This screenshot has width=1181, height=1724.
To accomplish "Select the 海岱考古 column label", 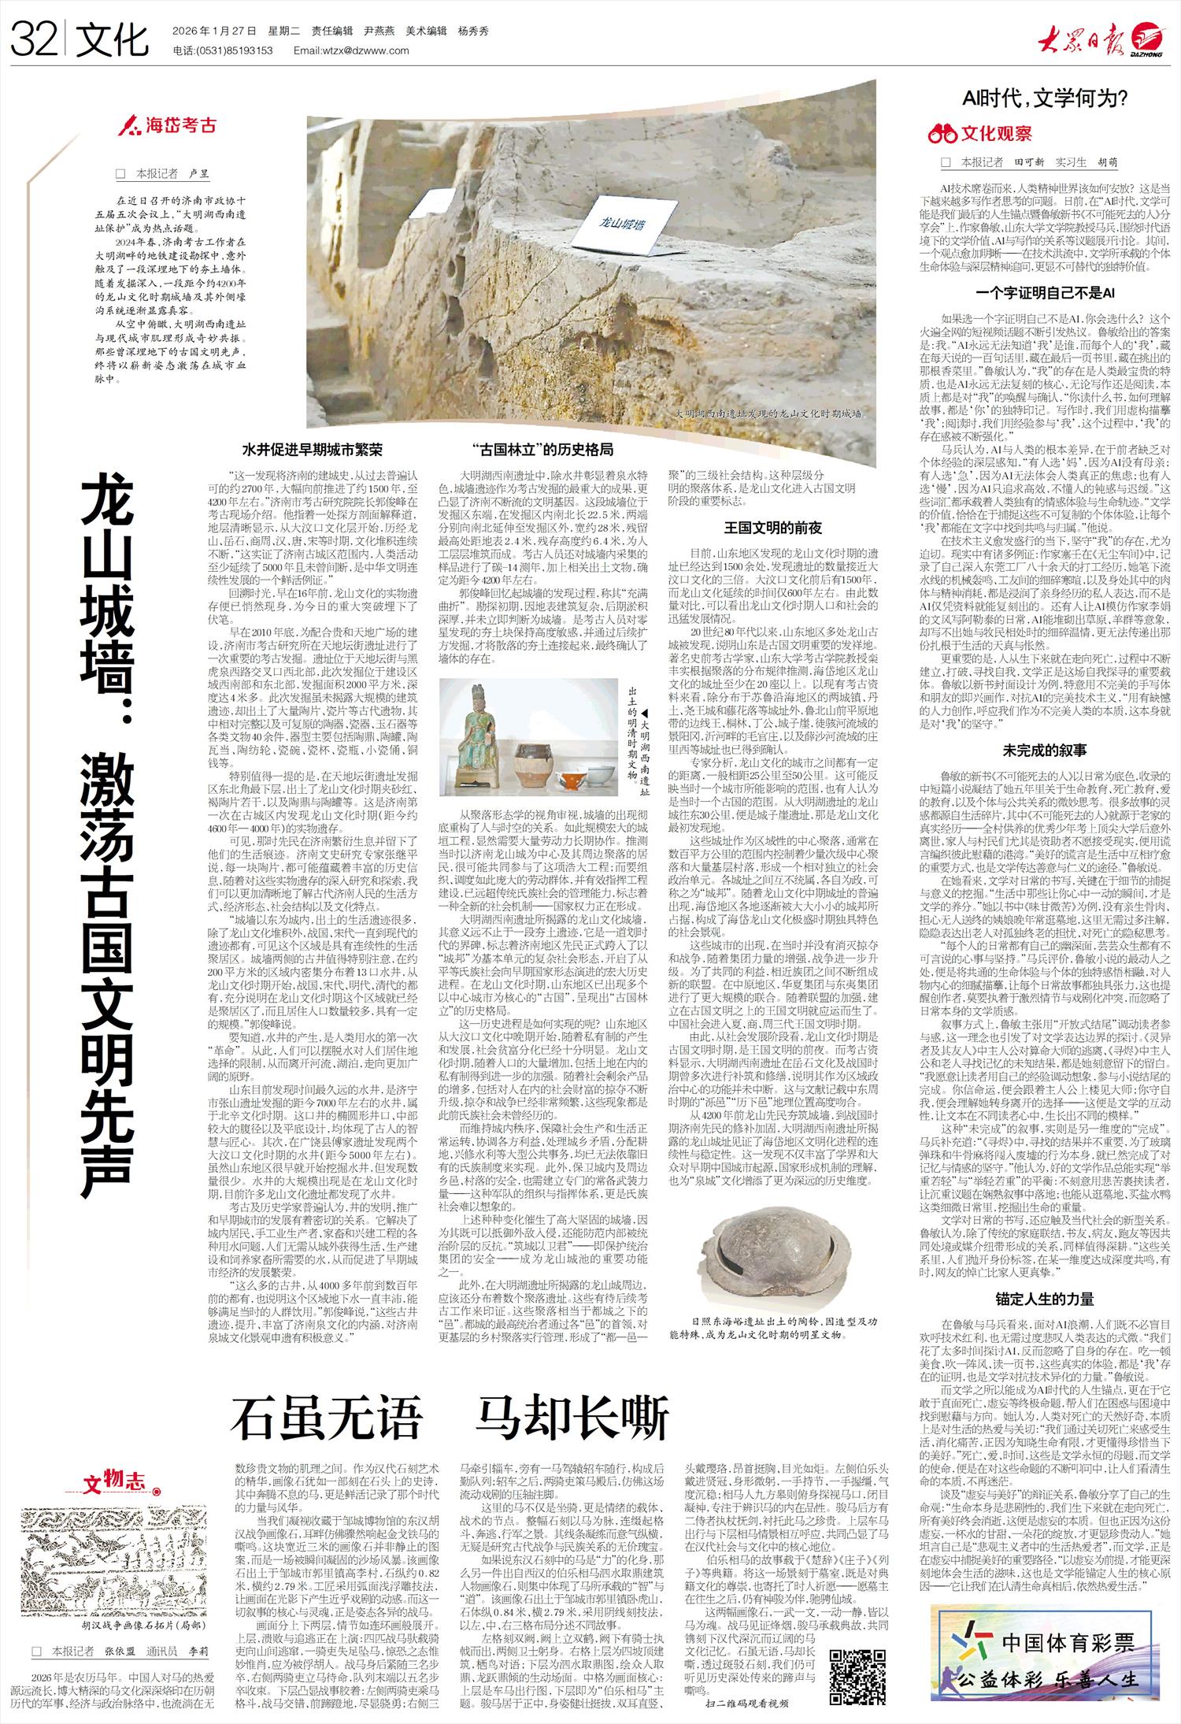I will (167, 126).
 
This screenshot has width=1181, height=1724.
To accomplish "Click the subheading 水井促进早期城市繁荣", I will (312, 451).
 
